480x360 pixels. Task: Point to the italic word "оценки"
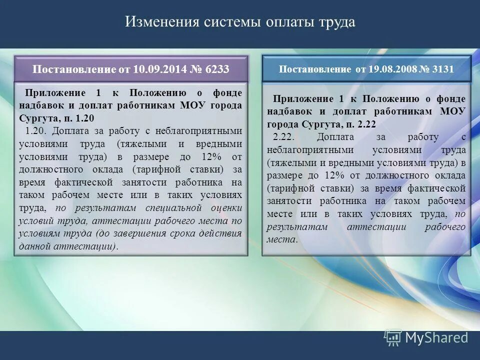point(225,207)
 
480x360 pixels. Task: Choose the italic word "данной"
point(35,246)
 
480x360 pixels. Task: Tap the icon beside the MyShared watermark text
point(392,338)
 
